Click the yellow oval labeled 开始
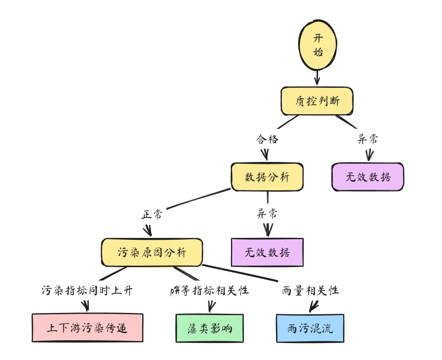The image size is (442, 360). pyautogui.click(x=318, y=45)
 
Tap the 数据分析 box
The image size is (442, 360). pyautogui.click(x=267, y=177)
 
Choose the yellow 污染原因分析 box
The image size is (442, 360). pyautogui.click(x=152, y=252)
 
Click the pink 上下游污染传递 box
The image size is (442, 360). pyautogui.click(x=87, y=328)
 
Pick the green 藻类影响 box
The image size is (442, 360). pyautogui.click(x=210, y=328)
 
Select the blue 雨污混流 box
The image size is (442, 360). pyautogui.click(x=310, y=328)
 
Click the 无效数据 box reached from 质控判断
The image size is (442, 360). pyautogui.click(x=368, y=177)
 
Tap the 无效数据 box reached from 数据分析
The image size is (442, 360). pyautogui.click(x=267, y=252)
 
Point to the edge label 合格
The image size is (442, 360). pyautogui.click(x=267, y=139)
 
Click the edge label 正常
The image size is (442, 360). pyautogui.click(x=151, y=215)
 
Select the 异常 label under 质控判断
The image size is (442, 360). pyautogui.click(x=367, y=139)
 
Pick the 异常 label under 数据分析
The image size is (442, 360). pyautogui.click(x=267, y=214)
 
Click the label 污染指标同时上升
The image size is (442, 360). pyautogui.click(x=87, y=290)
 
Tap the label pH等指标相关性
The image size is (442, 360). pyautogui.click(x=209, y=290)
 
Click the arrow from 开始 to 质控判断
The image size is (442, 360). pyautogui.click(x=317, y=78)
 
